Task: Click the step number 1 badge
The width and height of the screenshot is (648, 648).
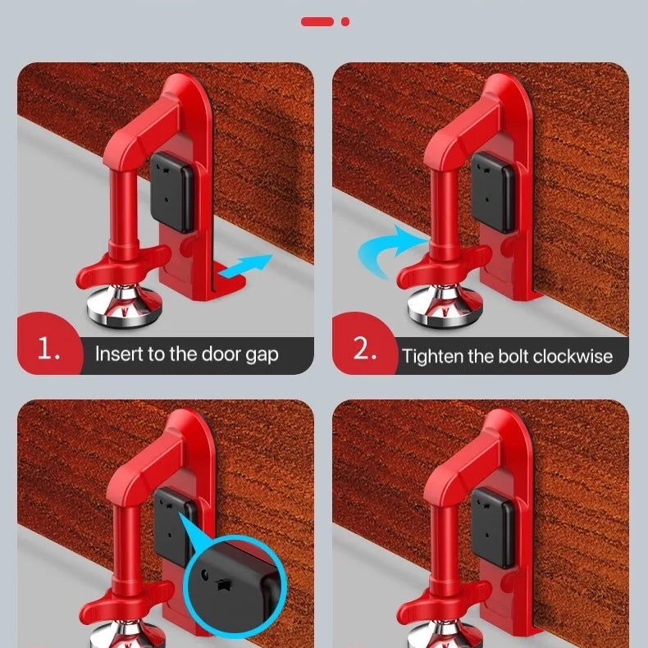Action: (x=49, y=348)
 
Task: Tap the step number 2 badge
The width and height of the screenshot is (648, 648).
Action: (x=365, y=348)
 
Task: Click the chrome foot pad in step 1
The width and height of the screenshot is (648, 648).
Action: (x=125, y=306)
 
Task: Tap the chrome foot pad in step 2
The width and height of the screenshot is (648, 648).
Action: (x=445, y=306)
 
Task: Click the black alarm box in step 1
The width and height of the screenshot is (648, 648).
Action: (x=171, y=192)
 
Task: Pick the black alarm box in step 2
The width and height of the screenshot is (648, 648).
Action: (x=493, y=192)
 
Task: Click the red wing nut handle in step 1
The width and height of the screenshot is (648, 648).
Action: (x=123, y=265)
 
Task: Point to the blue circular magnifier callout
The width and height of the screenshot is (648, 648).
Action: (x=235, y=582)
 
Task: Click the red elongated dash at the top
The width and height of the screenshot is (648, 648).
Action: (x=317, y=21)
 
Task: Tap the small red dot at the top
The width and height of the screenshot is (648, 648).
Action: (x=345, y=22)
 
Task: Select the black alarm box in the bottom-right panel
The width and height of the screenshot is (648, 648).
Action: (x=493, y=527)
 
